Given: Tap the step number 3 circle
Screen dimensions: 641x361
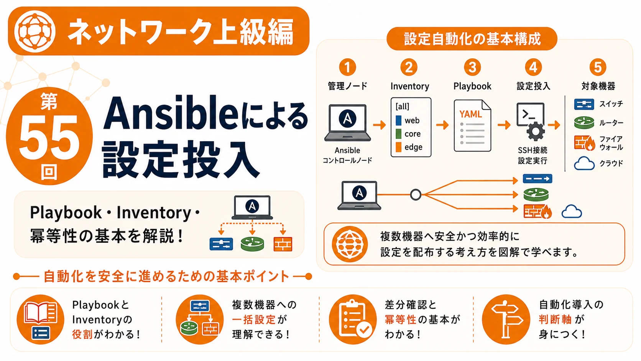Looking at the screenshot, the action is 472,68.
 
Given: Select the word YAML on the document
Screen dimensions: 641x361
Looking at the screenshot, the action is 470,114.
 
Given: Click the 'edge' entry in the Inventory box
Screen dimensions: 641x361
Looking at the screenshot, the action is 413,147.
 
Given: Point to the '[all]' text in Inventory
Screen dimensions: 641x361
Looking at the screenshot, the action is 402,107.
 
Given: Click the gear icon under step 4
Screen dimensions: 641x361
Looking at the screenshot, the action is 536,132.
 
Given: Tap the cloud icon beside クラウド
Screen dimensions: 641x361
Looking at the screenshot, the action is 584,163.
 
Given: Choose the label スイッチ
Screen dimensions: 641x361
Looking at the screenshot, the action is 611,104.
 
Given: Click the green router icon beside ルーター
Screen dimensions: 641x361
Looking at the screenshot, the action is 584,123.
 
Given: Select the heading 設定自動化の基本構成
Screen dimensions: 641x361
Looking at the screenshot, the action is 472,39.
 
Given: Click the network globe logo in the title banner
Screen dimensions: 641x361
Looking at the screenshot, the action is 35,31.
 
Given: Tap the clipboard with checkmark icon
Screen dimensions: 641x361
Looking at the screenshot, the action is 353,319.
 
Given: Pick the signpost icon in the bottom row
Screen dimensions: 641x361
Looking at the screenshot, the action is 506,319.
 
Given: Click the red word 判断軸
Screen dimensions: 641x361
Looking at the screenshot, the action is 555,319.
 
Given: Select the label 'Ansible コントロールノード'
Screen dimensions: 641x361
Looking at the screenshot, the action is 347,155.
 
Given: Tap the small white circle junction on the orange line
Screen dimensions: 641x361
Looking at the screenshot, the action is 416,195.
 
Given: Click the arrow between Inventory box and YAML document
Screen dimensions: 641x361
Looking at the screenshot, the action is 442,125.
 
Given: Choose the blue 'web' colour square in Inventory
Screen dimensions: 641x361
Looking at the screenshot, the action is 398,120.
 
